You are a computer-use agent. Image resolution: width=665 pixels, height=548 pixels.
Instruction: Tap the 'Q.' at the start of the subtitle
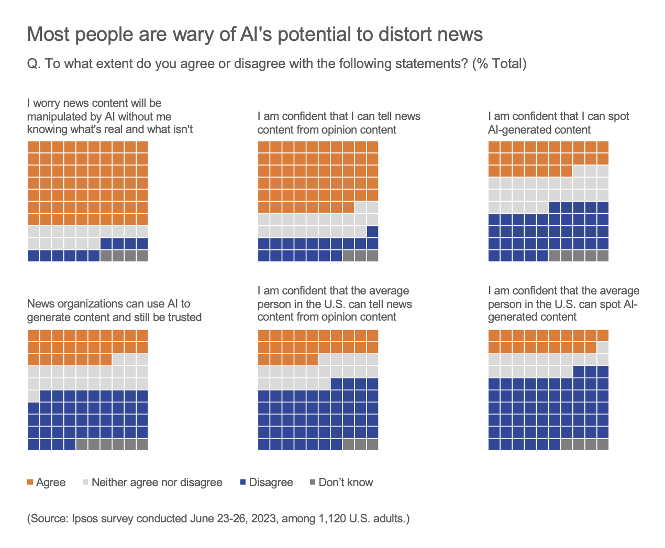tap(34, 64)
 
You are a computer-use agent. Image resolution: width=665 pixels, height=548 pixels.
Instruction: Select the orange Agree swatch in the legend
tap(30, 482)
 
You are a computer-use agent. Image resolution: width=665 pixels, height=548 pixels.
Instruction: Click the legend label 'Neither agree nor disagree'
tap(157, 483)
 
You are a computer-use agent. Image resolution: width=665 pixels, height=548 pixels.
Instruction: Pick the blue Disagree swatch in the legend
tap(243, 482)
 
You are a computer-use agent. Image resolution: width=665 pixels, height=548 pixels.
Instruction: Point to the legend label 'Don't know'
tap(346, 483)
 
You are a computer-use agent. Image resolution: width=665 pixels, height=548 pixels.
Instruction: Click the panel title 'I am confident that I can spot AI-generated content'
tap(558, 123)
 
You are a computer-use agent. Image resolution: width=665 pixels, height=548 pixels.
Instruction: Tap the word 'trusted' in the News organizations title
tap(184, 317)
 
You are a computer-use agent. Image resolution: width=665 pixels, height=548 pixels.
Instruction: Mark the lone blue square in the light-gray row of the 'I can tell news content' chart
tap(372, 231)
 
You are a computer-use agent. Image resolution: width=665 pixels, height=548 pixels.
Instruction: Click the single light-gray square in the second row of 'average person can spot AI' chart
tap(603, 347)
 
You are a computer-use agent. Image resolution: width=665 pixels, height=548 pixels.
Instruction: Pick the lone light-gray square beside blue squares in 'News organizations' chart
tap(33, 396)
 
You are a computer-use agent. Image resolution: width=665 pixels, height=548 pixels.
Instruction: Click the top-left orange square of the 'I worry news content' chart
tap(33, 147)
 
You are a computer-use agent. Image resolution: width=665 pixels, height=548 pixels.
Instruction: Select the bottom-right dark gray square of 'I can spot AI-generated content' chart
tap(603, 256)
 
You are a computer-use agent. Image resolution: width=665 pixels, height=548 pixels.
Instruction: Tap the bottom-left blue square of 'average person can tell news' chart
tap(263, 444)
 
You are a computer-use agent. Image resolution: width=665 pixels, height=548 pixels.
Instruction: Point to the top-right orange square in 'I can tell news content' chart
tap(372, 147)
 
